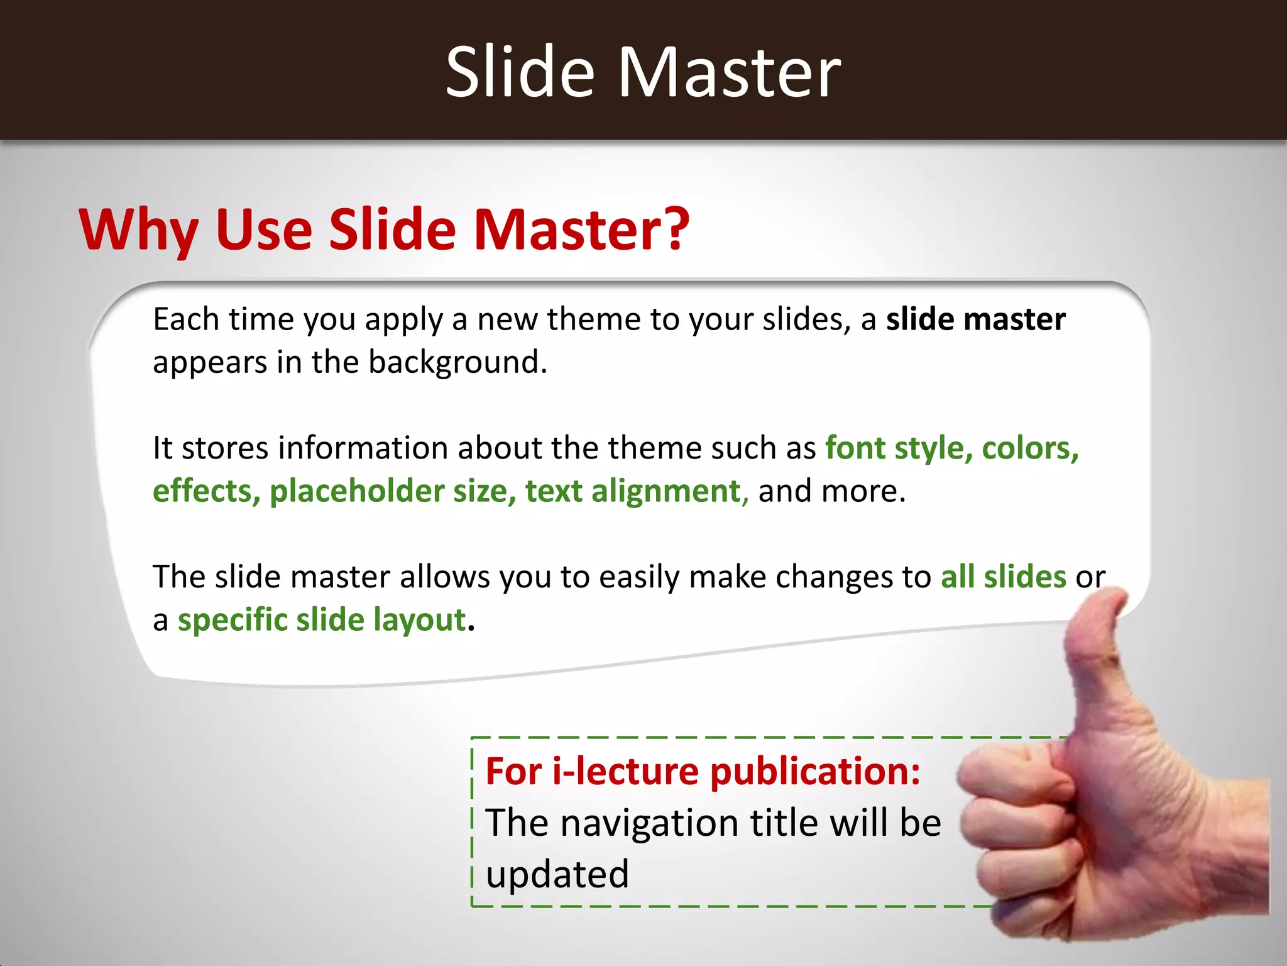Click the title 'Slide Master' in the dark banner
[643, 72]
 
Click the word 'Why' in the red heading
[138, 230]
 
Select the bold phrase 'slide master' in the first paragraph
[975, 319]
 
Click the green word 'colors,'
[1030, 448]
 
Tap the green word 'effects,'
[206, 491]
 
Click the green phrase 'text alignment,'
[637, 491]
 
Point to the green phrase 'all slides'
[1003, 577]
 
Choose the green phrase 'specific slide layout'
[322, 620]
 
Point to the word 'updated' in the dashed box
[557, 875]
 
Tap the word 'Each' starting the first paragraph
[186, 319]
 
